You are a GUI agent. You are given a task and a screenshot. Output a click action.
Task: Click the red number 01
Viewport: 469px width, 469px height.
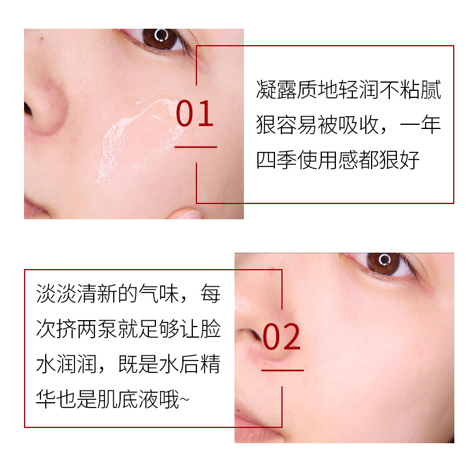pos(195,114)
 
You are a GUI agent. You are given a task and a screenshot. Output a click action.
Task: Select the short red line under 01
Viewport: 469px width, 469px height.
pos(196,147)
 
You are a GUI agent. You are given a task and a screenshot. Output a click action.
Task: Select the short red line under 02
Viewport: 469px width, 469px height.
pos(283,371)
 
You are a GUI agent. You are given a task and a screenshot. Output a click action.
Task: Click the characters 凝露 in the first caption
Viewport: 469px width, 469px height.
pos(275,91)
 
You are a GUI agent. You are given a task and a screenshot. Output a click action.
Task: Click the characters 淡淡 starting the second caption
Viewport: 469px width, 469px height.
pos(54,293)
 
